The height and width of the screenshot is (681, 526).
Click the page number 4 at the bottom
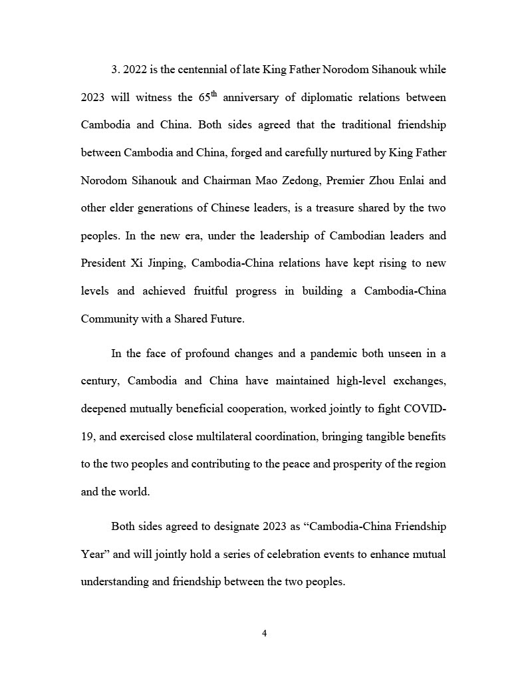pos(264,633)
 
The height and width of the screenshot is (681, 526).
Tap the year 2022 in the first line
pos(136,70)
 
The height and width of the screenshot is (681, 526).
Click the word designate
pos(238,526)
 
